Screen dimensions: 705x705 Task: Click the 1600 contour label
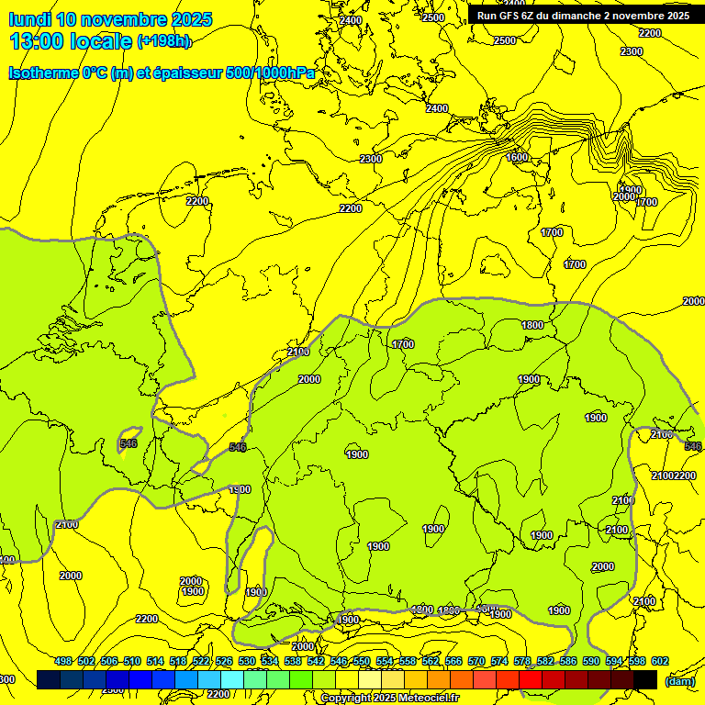(x=517, y=158)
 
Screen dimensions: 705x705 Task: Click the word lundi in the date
(x=30, y=19)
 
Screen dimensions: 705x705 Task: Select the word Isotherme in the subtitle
(x=43, y=73)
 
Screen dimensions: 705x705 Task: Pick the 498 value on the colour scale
(x=63, y=661)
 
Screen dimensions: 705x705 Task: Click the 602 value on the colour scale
(x=660, y=661)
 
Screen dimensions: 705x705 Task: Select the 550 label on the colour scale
(x=362, y=661)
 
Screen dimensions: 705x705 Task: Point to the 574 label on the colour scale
(x=499, y=661)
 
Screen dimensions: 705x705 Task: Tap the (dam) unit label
(x=679, y=680)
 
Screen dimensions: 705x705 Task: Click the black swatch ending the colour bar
(x=645, y=679)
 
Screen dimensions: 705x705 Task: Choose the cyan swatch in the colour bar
(x=232, y=679)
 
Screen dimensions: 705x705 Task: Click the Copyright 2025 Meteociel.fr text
(x=390, y=699)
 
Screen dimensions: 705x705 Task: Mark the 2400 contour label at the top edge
(x=350, y=20)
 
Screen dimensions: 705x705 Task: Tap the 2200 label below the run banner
(x=650, y=33)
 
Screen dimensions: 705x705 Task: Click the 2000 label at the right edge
(x=693, y=301)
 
